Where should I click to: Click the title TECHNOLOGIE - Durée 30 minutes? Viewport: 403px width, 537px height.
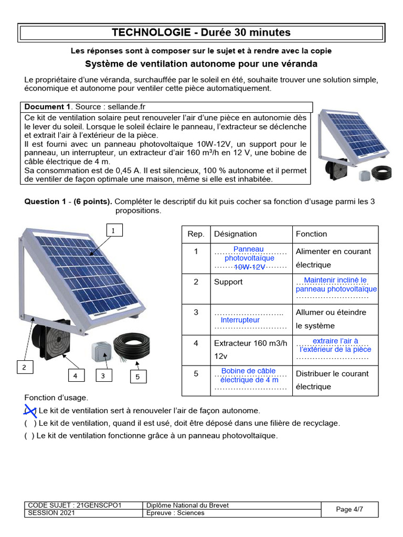(x=201, y=33)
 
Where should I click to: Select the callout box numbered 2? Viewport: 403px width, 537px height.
(x=24, y=368)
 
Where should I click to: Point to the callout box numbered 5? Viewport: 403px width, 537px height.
(x=137, y=376)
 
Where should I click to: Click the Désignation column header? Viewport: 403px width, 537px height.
(x=236, y=234)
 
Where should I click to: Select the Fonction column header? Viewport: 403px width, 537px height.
(x=311, y=234)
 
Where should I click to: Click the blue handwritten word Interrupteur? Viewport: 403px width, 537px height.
(x=240, y=320)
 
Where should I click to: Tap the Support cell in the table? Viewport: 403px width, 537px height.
(x=228, y=282)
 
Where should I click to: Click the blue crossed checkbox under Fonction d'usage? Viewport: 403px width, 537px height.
(x=30, y=411)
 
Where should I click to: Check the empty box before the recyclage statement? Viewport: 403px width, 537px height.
(x=30, y=423)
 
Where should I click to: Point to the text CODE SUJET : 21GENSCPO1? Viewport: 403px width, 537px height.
(x=75, y=505)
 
